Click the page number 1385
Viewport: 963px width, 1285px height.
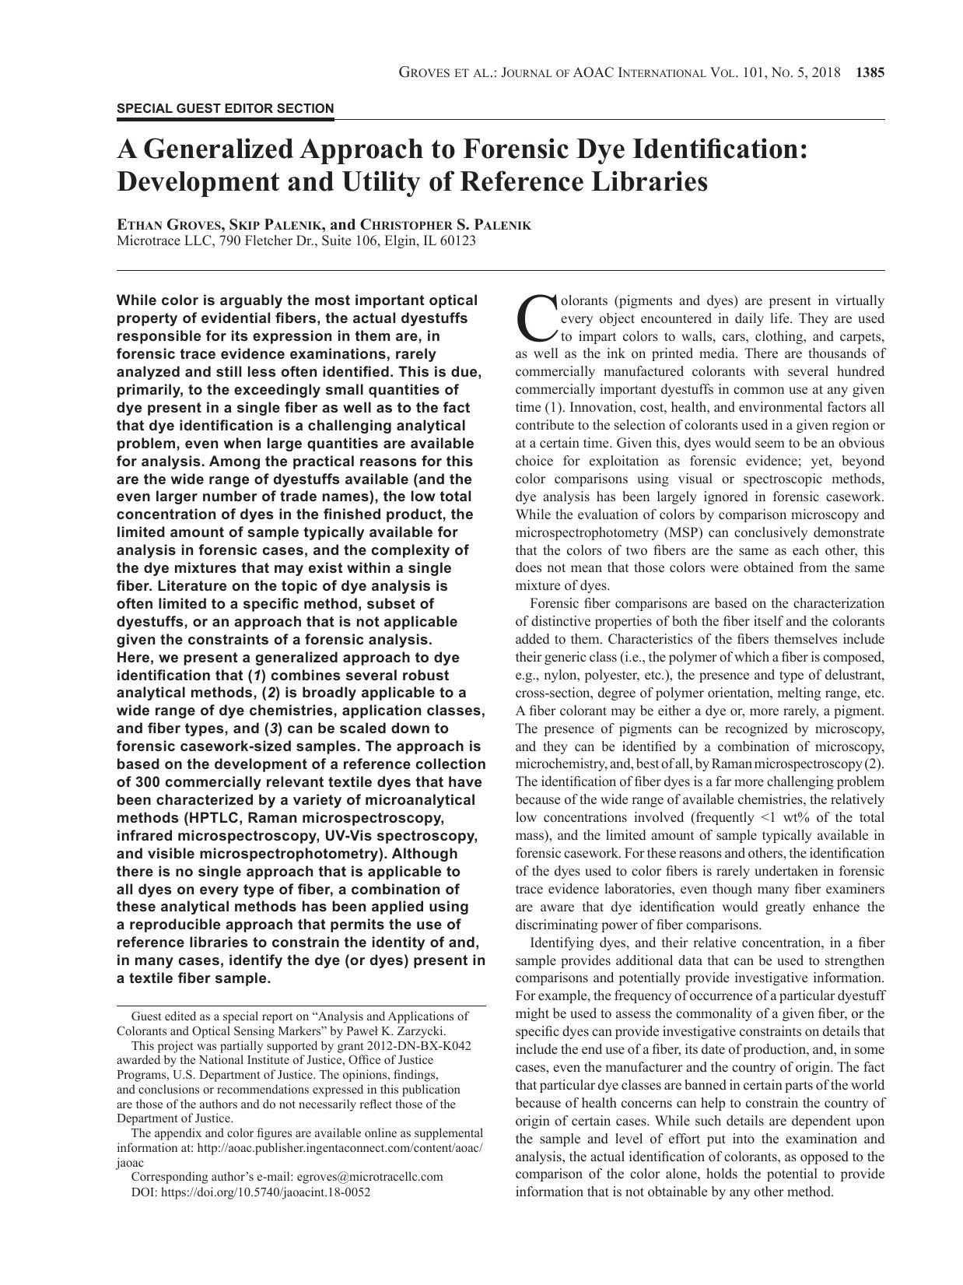(x=870, y=73)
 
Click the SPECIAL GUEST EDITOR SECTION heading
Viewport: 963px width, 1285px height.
(x=226, y=109)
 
